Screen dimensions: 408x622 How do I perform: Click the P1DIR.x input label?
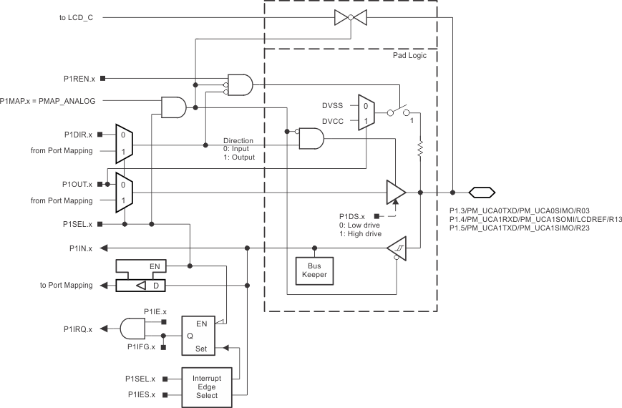pyautogui.click(x=79, y=134)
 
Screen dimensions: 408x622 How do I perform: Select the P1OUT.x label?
pyautogui.click(x=79, y=184)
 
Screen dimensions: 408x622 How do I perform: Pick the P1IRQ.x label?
pyautogui.click(x=80, y=329)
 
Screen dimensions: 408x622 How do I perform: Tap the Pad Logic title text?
pyautogui.click(x=410, y=55)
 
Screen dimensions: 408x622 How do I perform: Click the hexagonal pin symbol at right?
pyautogui.click(x=482, y=192)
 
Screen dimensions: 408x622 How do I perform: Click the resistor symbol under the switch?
pyautogui.click(x=420, y=150)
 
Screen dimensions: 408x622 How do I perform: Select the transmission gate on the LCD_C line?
pyautogui.click(x=350, y=16)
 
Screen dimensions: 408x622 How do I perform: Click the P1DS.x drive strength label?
pyautogui.click(x=352, y=215)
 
